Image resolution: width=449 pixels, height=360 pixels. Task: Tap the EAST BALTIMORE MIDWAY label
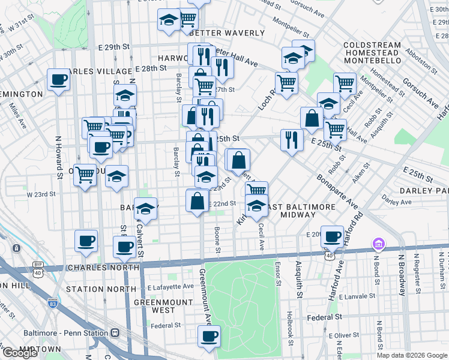click(301, 211)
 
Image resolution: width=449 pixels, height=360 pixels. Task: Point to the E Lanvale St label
click(357, 296)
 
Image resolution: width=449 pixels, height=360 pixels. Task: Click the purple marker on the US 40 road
click(378, 244)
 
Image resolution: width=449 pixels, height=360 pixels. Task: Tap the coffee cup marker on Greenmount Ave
click(209, 337)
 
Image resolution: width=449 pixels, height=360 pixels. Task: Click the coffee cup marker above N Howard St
click(59, 80)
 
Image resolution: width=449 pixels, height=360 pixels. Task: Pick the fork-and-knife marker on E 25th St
click(292, 140)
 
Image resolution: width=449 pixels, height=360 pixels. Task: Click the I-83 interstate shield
click(53, 304)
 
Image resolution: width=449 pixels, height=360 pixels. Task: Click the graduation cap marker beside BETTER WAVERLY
click(169, 20)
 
